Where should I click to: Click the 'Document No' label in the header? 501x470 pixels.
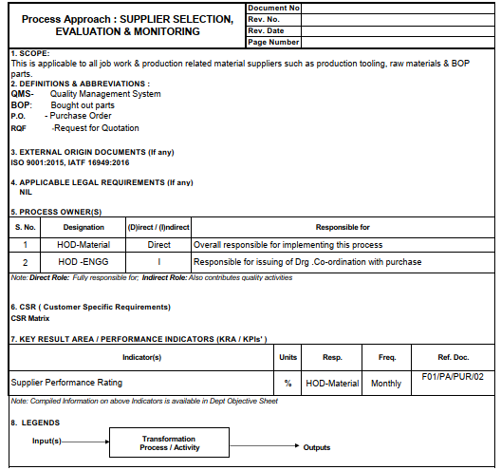[273, 8]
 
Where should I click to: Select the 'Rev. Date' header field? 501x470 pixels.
[266, 30]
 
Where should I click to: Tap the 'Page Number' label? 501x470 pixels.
[273, 42]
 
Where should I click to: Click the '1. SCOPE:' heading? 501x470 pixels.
[29, 53]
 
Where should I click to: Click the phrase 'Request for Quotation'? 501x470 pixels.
[96, 128]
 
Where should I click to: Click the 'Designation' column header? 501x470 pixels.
[83, 228]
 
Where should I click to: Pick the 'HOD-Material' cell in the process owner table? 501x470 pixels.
[83, 244]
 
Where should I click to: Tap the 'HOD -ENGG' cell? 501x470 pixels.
[83, 261]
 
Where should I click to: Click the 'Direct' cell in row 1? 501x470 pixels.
[158, 244]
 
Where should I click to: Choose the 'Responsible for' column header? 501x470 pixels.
[343, 228]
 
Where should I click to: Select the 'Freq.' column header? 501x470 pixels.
[387, 358]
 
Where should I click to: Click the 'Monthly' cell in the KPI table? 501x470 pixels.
[386, 384]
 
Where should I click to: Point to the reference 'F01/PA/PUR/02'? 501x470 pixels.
[453, 377]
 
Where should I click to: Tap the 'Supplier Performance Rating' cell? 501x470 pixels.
[66, 384]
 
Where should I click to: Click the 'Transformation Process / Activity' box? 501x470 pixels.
[169, 443]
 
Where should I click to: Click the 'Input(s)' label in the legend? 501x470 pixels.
[46, 441]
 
